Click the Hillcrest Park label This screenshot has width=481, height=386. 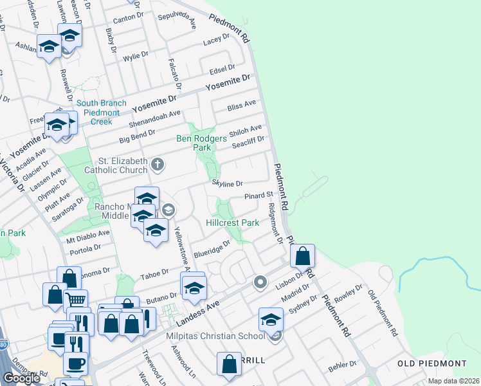click(x=232, y=223)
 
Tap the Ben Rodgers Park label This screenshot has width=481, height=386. click(x=202, y=143)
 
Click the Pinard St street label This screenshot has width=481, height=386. click(x=259, y=195)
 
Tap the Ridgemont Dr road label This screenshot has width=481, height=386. click(x=275, y=223)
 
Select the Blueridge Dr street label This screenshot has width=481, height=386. click(x=212, y=249)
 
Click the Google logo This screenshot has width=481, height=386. click(x=21, y=378)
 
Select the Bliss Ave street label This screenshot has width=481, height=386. click(x=242, y=105)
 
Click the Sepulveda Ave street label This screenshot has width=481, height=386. click(x=181, y=23)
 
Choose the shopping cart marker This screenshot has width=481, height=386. click(x=77, y=300)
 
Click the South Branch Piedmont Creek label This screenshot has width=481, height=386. click(x=98, y=113)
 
